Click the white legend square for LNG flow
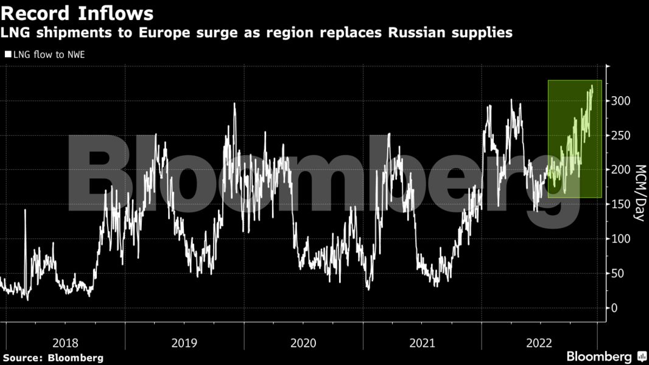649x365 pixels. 8,54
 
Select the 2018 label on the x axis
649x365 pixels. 66,343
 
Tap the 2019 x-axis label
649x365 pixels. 184,343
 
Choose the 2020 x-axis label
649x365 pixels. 303,343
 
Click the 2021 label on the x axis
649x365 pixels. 422,343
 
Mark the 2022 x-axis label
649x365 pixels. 539,343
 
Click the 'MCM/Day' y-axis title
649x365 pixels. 640,192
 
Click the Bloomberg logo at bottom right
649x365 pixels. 605,356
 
